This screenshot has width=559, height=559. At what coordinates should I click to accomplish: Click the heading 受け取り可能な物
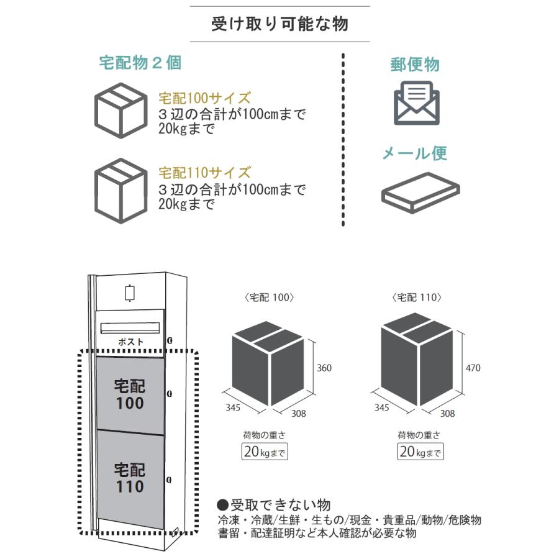tap(279, 24)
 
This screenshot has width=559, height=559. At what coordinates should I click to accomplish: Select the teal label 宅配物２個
tap(140, 63)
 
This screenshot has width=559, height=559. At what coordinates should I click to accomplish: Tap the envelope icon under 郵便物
tap(417, 102)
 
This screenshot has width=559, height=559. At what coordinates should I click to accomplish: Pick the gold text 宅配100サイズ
tap(204, 98)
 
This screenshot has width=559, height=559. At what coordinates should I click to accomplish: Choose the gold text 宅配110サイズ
tap(204, 172)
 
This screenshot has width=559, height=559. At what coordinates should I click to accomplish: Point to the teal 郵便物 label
tap(415, 65)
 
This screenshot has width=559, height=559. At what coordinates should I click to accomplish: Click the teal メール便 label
tap(414, 153)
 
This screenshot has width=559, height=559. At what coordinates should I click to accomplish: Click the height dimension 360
tap(324, 368)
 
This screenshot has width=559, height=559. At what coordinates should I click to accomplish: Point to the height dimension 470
tap(473, 368)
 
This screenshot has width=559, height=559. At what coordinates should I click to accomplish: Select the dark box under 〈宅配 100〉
tap(268, 363)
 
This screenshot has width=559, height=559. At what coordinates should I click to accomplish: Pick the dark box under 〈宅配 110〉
tap(417, 363)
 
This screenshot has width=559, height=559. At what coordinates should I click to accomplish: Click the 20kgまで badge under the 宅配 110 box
tap(420, 452)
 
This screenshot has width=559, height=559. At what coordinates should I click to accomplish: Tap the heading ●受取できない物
tap(273, 504)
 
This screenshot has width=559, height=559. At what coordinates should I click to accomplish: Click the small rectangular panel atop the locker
tap(130, 292)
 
